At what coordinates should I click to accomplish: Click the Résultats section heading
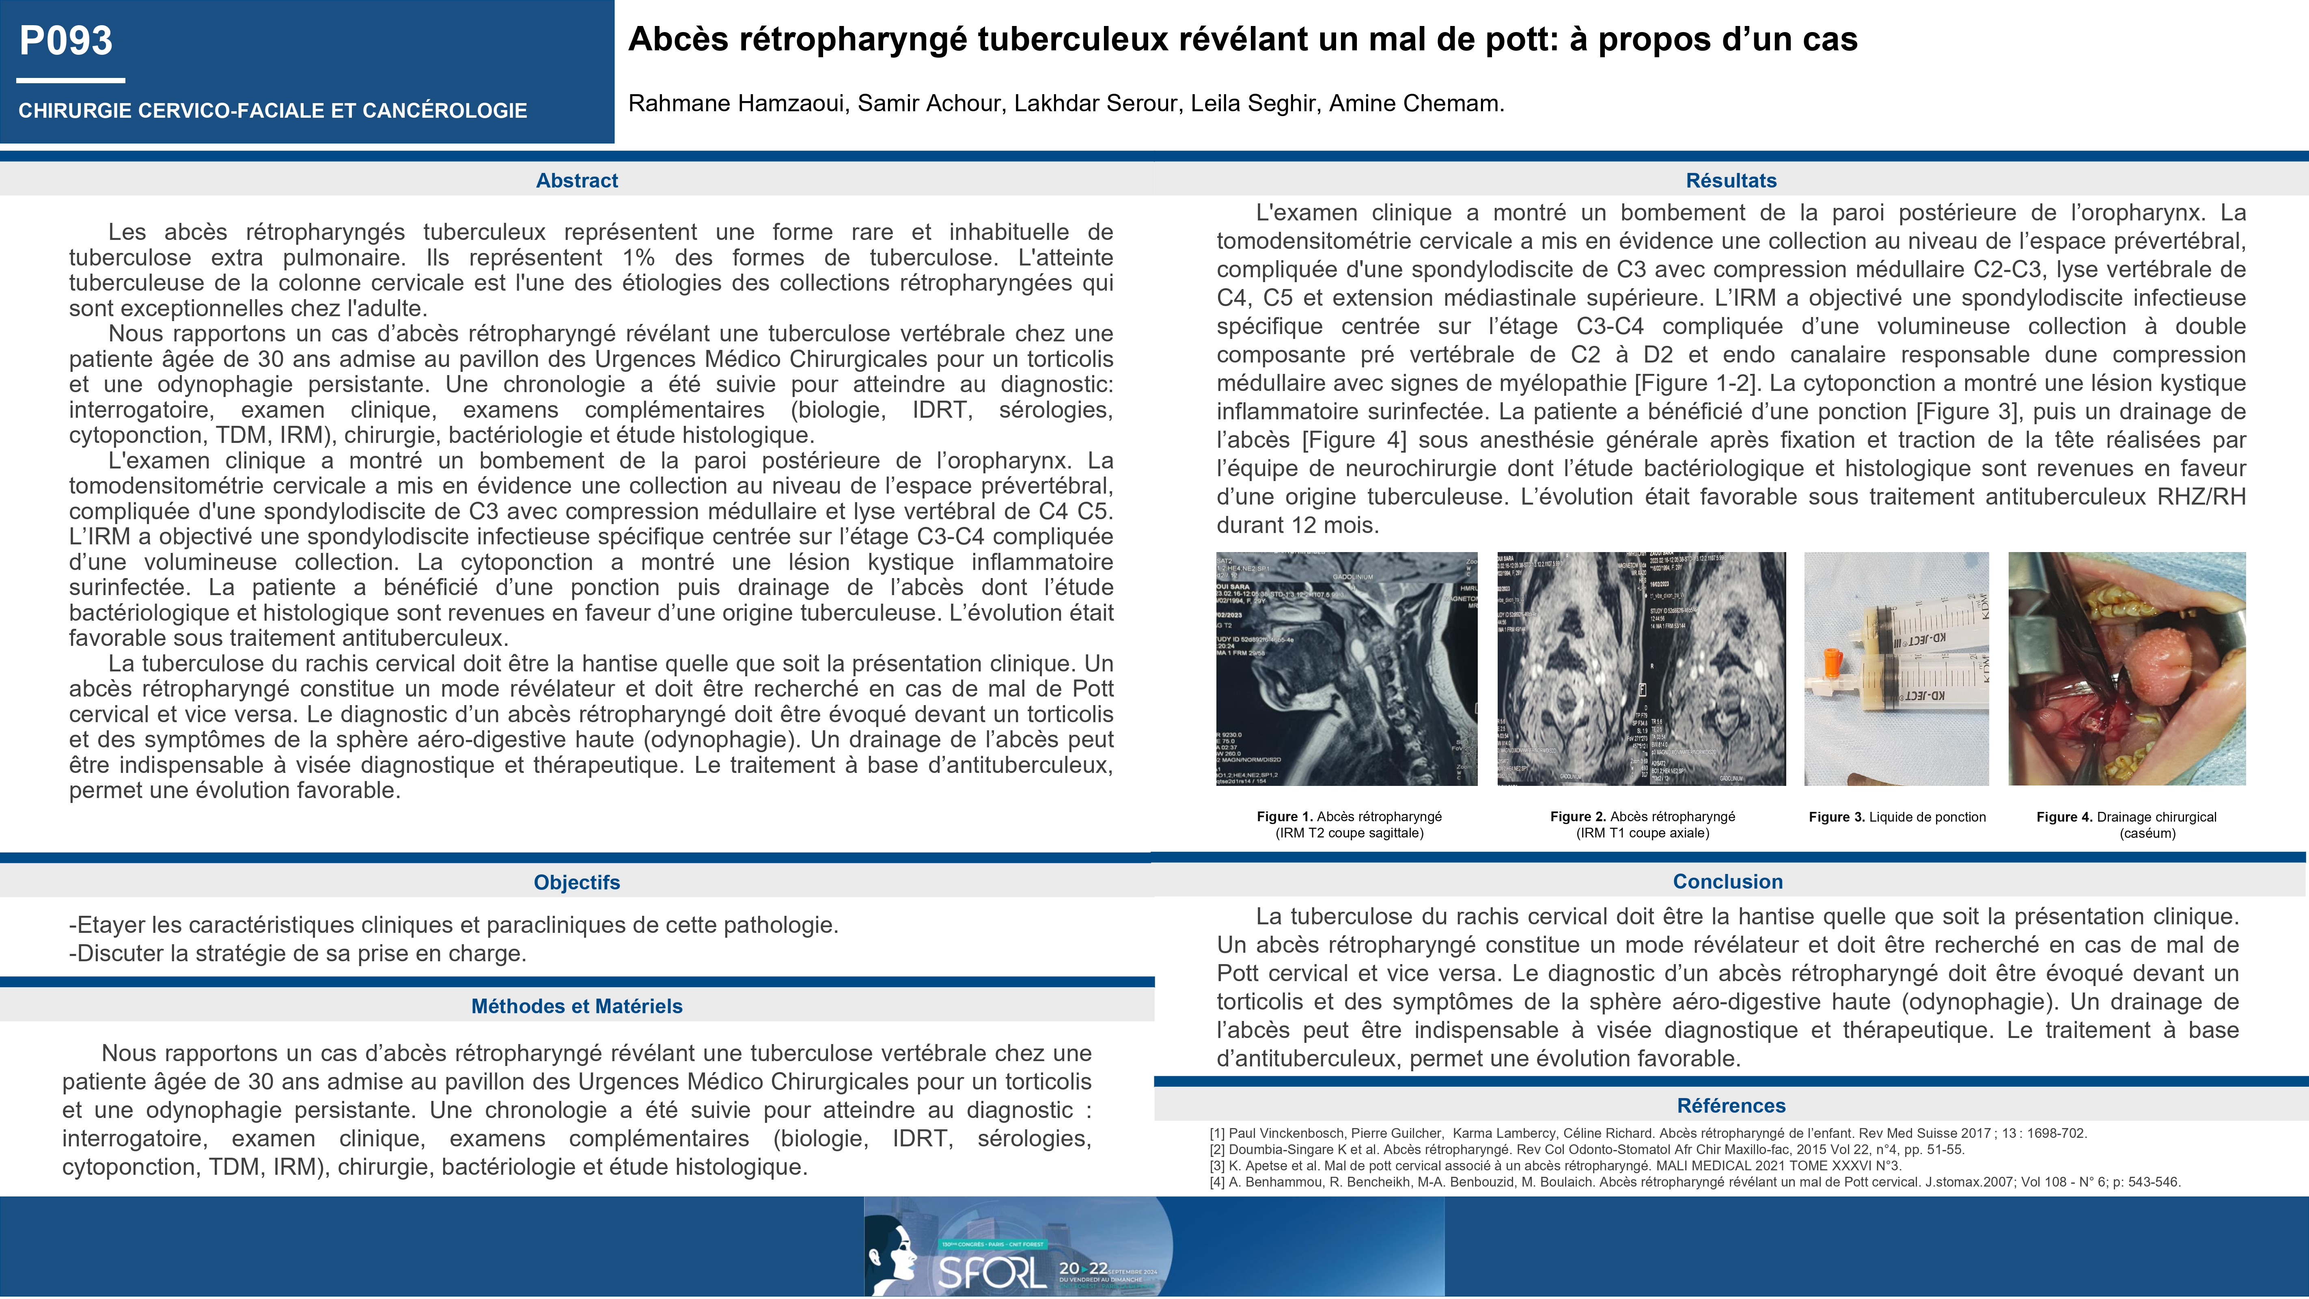[x=1731, y=180]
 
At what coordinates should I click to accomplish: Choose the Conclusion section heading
[x=1727, y=881]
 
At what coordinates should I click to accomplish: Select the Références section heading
[x=1731, y=1105]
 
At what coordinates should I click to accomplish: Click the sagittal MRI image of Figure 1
[x=1346, y=669]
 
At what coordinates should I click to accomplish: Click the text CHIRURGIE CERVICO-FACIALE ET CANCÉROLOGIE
[x=272, y=111]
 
